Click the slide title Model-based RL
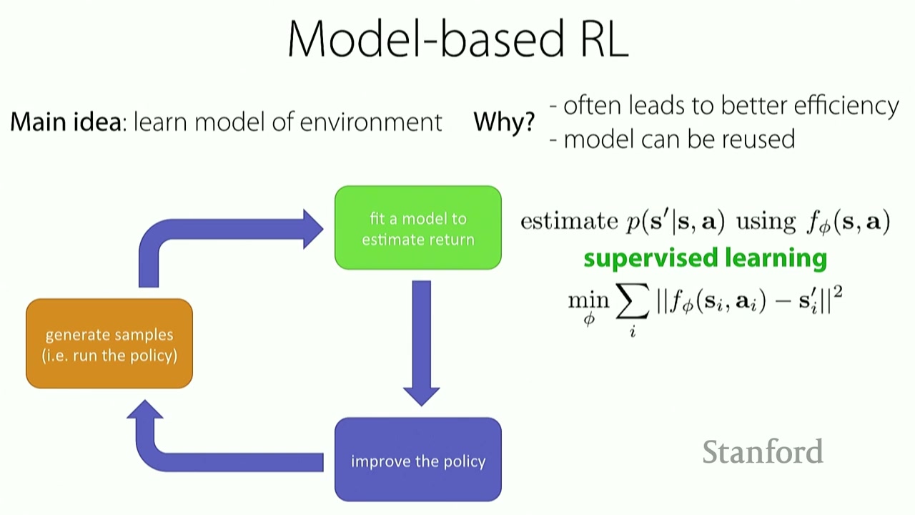457,39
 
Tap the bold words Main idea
65,122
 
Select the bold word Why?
503,122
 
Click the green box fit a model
418,228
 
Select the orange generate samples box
109,344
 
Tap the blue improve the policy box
418,460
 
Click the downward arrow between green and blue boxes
421,340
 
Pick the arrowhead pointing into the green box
312,229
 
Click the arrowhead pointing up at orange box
146,410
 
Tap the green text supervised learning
705,258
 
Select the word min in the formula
588,300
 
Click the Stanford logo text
763,452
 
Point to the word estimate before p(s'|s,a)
568,221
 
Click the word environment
371,122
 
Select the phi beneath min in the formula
589,320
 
